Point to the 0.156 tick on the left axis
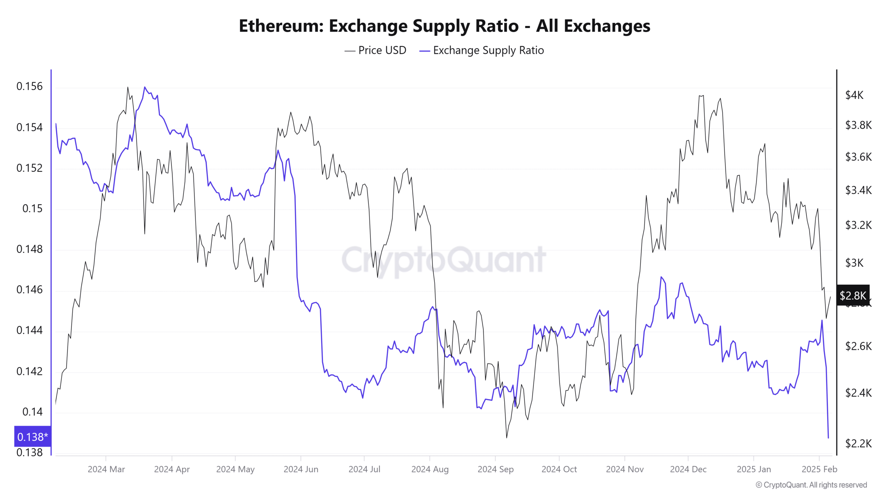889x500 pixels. [x=30, y=86]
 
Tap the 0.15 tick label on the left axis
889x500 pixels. [x=32, y=208]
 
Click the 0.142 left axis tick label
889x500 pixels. [x=30, y=371]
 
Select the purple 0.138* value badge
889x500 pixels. [x=32, y=436]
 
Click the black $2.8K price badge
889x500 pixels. [x=853, y=295]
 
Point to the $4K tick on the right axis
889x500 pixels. [x=854, y=95]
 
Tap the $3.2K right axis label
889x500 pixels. [x=858, y=225]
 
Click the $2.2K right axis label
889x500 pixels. [x=858, y=443]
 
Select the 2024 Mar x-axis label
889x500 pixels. [x=106, y=469]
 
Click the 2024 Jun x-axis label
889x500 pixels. [x=301, y=469]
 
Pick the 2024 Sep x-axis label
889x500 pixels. [x=495, y=469]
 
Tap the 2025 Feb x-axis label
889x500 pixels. [x=819, y=469]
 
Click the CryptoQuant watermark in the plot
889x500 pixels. [x=444, y=260]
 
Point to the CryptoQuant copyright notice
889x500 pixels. [x=811, y=485]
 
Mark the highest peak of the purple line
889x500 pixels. [x=145, y=87]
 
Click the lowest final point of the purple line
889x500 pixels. [x=828, y=438]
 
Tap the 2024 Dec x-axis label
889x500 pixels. [x=688, y=469]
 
